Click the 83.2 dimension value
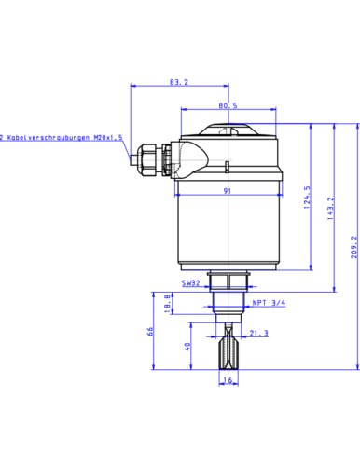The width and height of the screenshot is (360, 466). [x=179, y=82]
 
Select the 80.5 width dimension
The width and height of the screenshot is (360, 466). [x=228, y=105]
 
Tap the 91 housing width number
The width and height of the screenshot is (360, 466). [x=228, y=191]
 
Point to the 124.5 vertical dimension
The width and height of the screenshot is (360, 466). [x=307, y=198]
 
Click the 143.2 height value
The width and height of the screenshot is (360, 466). [x=330, y=209]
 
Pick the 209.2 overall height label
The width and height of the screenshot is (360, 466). [x=354, y=247]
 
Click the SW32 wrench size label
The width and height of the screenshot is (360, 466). [x=191, y=283]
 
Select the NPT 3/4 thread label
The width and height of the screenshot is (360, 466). [x=269, y=303]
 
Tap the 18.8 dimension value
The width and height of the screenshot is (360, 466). [x=167, y=303]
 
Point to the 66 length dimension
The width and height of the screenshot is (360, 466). [x=150, y=331]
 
